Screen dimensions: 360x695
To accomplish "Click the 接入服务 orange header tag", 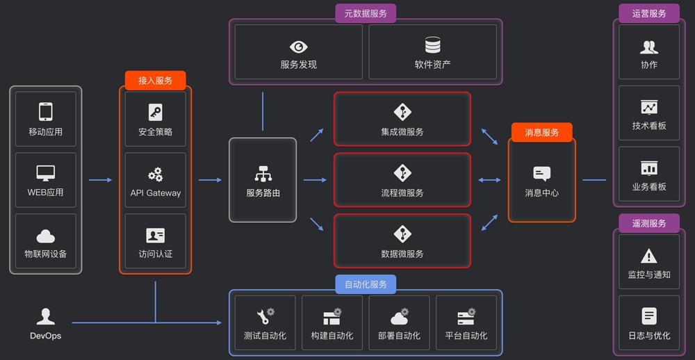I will point(155,81).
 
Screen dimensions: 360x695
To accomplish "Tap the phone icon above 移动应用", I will point(46,111).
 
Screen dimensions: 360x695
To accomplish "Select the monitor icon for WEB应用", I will point(46,172).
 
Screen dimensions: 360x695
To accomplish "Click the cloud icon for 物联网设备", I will point(46,236).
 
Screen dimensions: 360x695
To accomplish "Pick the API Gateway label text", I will point(155,193).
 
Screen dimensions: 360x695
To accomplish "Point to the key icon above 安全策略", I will point(155,112).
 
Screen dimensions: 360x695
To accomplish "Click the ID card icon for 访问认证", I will point(155,235).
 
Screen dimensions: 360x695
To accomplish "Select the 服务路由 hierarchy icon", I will point(263,173).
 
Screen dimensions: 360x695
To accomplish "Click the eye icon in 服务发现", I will point(299,47).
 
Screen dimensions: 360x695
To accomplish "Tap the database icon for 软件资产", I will point(433,46).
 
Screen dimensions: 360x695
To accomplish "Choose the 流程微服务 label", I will point(402,193).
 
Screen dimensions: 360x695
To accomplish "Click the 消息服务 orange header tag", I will point(541,132).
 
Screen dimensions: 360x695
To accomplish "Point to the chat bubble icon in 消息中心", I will point(541,174).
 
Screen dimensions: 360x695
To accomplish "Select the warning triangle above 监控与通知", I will point(648,256).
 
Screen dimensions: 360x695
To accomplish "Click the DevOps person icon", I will point(46,317).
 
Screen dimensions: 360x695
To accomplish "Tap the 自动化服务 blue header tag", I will point(366,284).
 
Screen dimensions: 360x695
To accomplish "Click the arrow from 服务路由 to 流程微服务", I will point(315,181).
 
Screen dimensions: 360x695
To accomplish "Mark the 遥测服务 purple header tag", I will point(649,224).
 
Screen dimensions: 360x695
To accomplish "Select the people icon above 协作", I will point(649,47).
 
